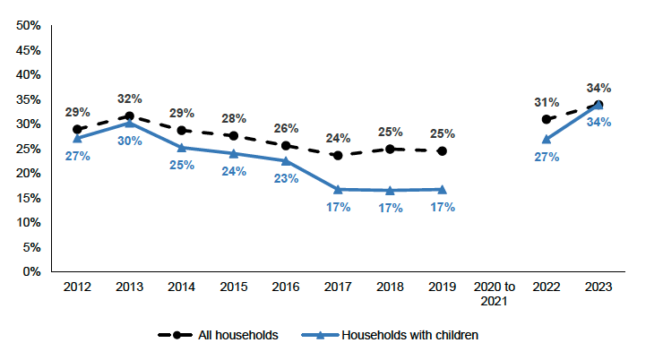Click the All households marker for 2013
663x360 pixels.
coord(129,116)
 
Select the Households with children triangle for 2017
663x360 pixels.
coord(339,189)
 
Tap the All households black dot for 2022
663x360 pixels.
coord(547,119)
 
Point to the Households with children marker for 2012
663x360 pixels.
coord(77,138)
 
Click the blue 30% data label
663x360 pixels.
coord(129,141)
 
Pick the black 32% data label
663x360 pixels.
coord(129,98)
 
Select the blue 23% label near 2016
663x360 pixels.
coord(286,178)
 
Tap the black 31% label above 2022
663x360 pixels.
coord(547,102)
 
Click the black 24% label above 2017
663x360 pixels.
coord(339,138)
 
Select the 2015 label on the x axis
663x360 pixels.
coord(234,286)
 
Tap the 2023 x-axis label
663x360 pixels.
coord(598,286)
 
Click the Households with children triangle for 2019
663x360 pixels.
coord(443,189)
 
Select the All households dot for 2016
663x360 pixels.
coord(286,145)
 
